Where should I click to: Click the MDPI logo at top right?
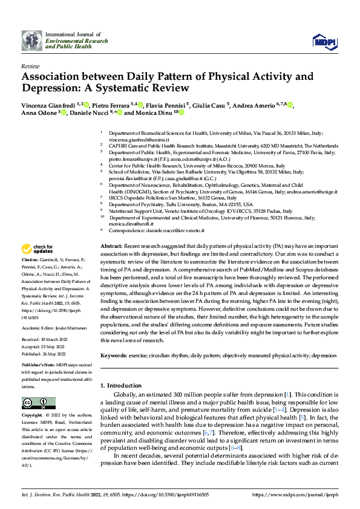coord(324,41)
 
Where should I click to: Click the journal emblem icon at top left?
coord(32,41)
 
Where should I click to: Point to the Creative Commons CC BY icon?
coord(39,403)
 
